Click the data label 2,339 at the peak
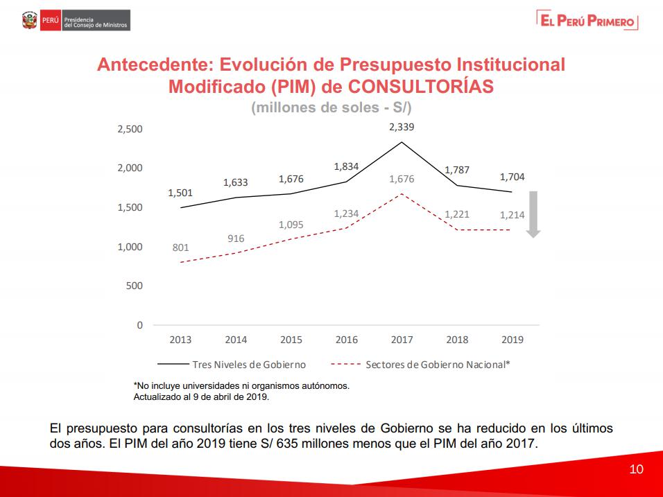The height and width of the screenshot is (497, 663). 402,127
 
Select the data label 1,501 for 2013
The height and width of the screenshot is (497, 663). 180,193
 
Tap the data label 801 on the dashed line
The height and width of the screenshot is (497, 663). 180,247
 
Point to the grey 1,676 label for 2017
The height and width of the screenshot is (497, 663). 402,179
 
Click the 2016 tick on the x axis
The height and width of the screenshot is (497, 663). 347,340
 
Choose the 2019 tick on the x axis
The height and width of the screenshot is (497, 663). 512,340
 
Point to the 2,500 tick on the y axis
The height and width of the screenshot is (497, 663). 130,129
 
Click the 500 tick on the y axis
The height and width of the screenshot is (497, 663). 135,286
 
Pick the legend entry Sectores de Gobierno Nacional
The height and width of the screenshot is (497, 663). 438,364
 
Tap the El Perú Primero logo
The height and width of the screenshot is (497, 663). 587,21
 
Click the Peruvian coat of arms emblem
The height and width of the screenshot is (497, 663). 30,21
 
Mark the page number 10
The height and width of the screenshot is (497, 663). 636,469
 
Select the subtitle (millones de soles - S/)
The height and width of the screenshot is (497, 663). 331,108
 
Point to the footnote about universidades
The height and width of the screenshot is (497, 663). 241,385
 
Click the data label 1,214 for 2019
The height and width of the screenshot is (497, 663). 512,215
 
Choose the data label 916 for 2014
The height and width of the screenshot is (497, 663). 236,238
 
